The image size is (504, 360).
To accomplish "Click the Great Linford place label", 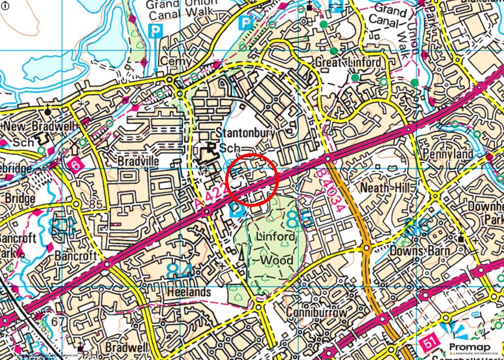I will point(347,63).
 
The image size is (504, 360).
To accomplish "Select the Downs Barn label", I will point(419,251).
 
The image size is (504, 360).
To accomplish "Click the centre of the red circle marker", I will point(252,178).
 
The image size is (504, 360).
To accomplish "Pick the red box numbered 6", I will point(74,164).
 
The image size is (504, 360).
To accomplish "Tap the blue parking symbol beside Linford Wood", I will point(237,211).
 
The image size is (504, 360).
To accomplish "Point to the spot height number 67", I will point(58,322).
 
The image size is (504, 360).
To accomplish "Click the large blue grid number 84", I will point(179,271).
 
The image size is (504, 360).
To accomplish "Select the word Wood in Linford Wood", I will point(277,260).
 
